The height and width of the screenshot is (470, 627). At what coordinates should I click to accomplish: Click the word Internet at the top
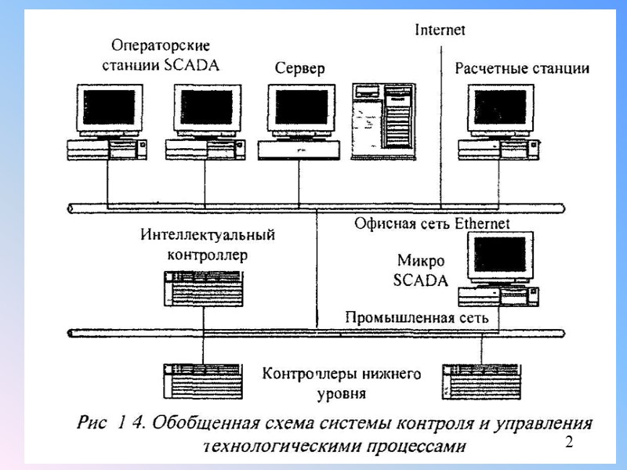(x=440, y=31)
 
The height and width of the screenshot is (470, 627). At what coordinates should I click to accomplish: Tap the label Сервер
(x=299, y=69)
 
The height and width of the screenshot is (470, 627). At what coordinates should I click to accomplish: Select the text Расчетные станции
(x=522, y=68)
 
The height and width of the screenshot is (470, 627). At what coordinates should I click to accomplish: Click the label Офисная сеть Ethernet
(x=432, y=224)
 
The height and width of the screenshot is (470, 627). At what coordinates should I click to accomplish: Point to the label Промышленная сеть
(x=418, y=317)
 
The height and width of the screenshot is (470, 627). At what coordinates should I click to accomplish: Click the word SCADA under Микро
(x=421, y=280)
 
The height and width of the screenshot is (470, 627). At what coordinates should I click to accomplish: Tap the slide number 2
(x=570, y=443)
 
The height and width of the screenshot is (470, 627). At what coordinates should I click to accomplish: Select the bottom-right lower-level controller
(x=480, y=381)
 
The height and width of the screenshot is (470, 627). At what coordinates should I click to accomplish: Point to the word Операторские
(x=161, y=46)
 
